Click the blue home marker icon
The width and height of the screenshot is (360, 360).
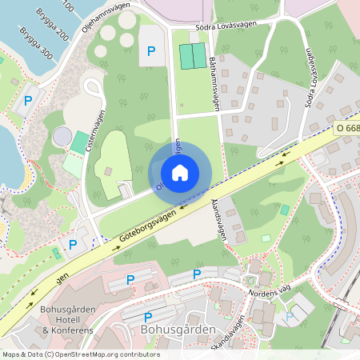(x=180, y=172)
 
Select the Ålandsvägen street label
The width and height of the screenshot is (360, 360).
(x=222, y=220)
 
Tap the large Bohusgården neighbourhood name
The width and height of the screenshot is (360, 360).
(x=178, y=329)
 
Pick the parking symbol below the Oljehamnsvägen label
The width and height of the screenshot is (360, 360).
(x=150, y=51)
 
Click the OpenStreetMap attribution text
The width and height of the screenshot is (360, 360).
(x=80, y=354)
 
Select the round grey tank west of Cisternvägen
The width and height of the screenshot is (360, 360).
(x=62, y=137)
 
